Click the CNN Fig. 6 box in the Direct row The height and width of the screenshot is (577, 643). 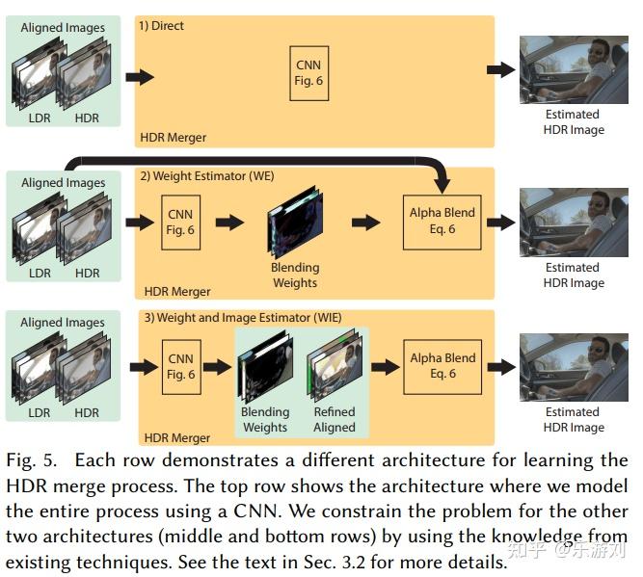coord(308,73)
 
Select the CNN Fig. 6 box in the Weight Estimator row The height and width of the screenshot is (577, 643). coord(180,221)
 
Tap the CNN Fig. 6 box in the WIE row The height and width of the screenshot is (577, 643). coord(180,365)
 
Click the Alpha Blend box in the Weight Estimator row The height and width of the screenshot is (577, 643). coord(442,221)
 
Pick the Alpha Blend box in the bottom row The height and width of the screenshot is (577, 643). coord(442,365)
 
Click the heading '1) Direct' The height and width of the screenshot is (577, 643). coord(162,25)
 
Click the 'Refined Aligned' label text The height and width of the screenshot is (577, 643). coord(334,420)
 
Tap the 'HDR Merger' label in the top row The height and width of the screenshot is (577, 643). coord(174,137)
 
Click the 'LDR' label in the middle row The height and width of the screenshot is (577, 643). coord(40,273)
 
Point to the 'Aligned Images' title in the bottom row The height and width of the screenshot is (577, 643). coord(63,323)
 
